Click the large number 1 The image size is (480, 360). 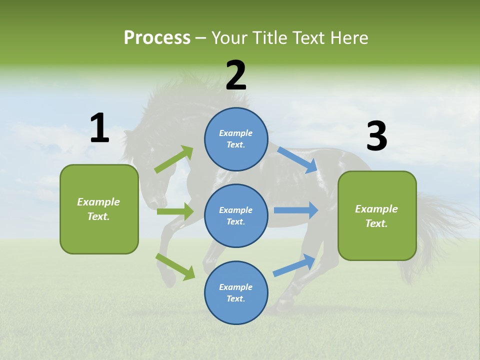click(99, 128)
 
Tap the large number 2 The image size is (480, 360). click(236, 75)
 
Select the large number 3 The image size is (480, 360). click(376, 136)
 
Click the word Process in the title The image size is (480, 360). click(157, 37)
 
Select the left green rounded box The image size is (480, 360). click(99, 209)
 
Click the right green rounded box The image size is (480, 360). click(377, 215)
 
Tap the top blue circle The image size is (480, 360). click(236, 139)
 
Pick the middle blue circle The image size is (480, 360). click(236, 215)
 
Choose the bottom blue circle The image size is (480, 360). click(236, 292)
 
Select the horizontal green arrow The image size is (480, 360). click(175, 211)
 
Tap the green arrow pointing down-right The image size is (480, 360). click(175, 266)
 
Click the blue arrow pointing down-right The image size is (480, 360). click(298, 159)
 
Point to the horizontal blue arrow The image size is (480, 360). click(296, 210)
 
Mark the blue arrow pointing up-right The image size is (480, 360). click(294, 265)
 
